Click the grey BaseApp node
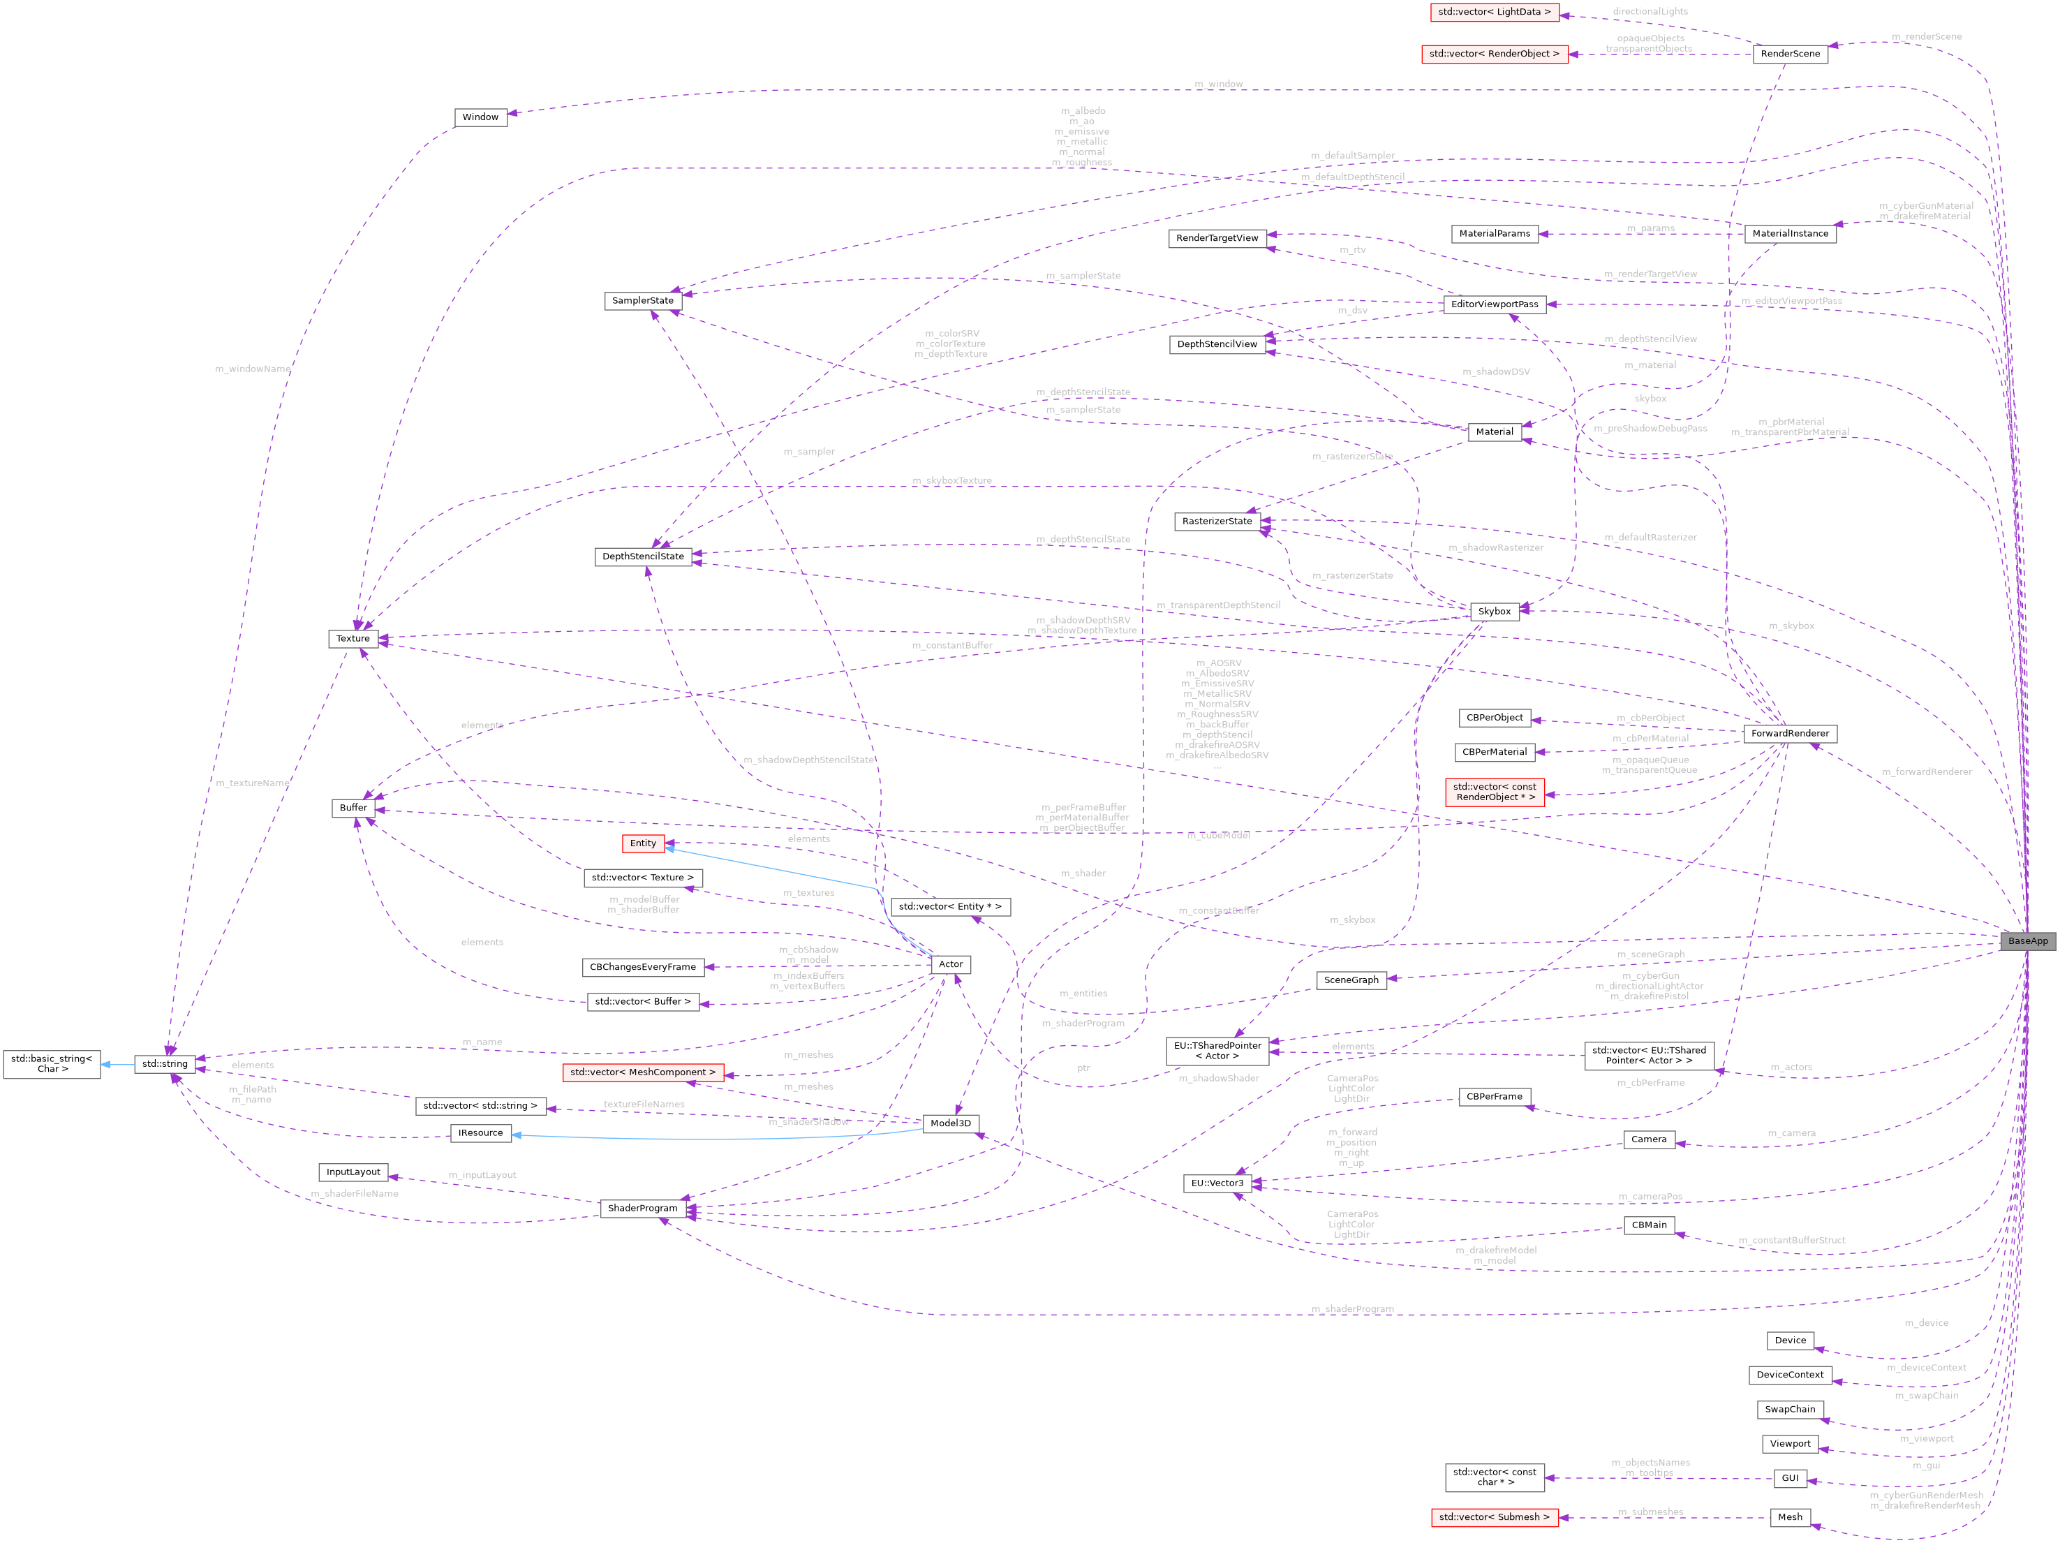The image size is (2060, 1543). tap(2027, 940)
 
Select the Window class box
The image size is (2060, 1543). tap(480, 117)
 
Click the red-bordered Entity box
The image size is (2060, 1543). tap(643, 843)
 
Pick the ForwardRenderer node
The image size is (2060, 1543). tap(1789, 733)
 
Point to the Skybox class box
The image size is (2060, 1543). tap(1494, 611)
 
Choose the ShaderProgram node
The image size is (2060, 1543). tap(643, 1208)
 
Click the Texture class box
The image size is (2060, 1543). tap(353, 638)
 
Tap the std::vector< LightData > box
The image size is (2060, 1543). tap(1494, 12)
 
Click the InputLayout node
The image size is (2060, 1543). tap(353, 1172)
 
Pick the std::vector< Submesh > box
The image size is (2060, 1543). tap(1494, 1517)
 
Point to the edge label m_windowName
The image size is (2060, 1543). tap(253, 369)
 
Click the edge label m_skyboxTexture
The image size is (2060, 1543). tap(951, 480)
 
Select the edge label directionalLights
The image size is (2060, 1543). tap(1650, 11)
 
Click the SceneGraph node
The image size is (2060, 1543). tap(1350, 980)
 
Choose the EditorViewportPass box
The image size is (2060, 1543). tap(1494, 304)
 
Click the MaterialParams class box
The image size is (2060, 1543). tap(1494, 234)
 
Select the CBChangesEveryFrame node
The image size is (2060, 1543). tap(643, 966)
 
